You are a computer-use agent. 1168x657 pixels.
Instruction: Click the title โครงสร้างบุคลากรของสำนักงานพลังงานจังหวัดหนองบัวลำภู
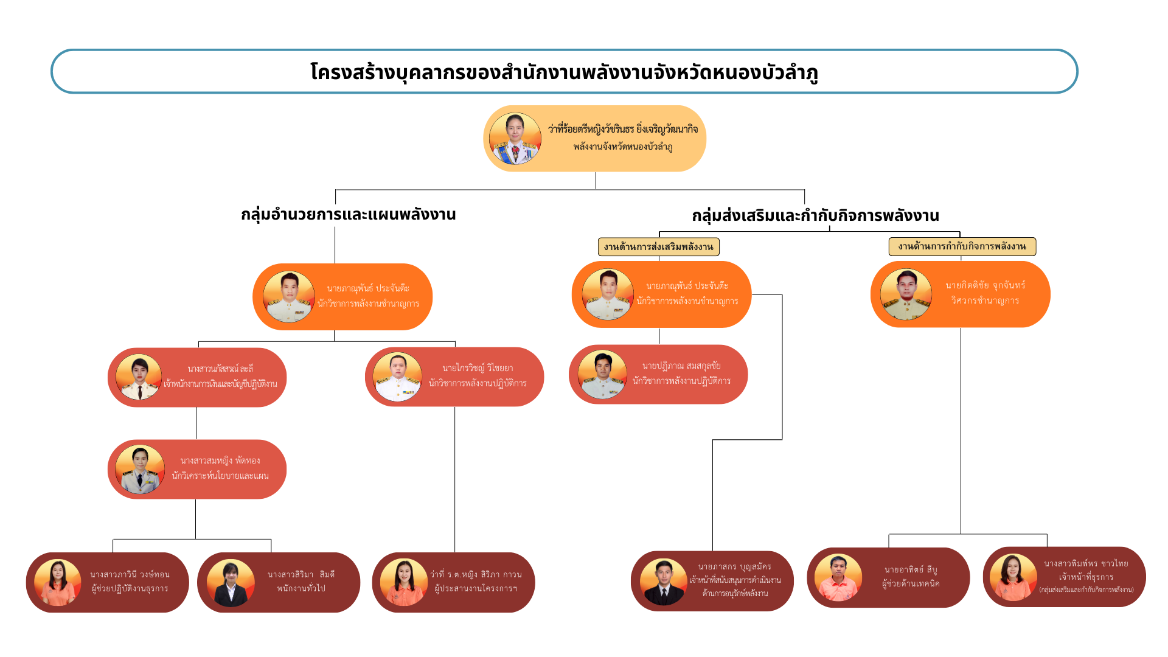click(564, 72)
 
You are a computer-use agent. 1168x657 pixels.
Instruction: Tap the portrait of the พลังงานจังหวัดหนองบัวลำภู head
click(515, 139)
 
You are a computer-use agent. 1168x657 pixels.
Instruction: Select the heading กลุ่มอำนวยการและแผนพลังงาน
click(348, 214)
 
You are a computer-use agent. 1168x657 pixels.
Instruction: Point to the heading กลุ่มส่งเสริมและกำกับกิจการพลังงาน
click(815, 215)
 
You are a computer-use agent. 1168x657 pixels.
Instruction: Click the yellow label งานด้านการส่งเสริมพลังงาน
click(658, 246)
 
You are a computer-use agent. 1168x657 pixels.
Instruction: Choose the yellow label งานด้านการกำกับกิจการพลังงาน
click(962, 246)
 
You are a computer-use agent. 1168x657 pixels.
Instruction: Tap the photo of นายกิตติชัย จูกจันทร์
click(906, 294)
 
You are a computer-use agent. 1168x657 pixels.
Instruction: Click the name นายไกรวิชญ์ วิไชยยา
click(478, 368)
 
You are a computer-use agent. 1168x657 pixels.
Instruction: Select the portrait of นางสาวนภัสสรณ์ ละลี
click(139, 377)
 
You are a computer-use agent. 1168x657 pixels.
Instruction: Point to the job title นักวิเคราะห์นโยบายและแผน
click(220, 476)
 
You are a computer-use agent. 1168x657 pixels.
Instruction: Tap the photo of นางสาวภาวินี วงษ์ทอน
click(57, 582)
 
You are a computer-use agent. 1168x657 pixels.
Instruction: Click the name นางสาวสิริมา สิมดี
click(301, 574)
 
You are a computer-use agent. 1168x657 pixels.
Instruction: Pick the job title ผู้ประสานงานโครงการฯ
click(476, 588)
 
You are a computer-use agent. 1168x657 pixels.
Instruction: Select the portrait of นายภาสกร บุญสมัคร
click(663, 582)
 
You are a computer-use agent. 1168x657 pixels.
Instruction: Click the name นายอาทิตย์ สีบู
click(910, 570)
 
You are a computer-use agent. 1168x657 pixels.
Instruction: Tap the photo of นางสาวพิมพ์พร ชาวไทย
click(1013, 577)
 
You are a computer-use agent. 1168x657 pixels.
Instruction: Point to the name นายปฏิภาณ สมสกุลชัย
click(681, 366)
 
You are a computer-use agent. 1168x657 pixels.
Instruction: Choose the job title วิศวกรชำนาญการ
click(985, 301)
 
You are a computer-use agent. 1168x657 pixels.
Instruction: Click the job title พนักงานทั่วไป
click(301, 588)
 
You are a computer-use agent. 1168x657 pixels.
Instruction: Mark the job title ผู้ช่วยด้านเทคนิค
click(910, 584)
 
